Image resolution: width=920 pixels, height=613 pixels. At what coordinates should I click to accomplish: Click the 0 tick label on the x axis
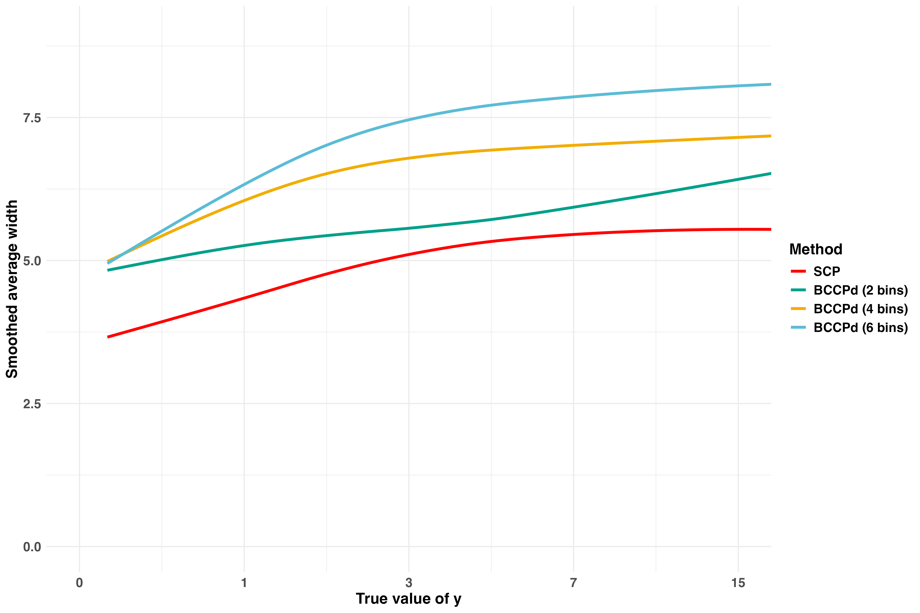pyautogui.click(x=79, y=583)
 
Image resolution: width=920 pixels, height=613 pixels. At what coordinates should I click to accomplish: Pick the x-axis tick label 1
pyautogui.click(x=244, y=583)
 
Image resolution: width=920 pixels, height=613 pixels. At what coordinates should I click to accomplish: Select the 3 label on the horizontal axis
pyautogui.click(x=409, y=583)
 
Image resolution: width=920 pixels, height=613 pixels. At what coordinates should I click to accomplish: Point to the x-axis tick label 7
pyautogui.click(x=573, y=583)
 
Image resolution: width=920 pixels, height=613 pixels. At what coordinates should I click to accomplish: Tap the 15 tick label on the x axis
pyautogui.click(x=738, y=583)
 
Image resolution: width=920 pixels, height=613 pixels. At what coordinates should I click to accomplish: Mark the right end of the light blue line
pyautogui.click(x=771, y=84)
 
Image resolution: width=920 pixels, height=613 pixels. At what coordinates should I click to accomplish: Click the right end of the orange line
pyautogui.click(x=771, y=136)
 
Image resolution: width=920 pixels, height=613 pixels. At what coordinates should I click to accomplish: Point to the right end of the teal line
pyautogui.click(x=771, y=173)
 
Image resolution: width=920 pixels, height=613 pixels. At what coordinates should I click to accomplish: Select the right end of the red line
pyautogui.click(x=771, y=229)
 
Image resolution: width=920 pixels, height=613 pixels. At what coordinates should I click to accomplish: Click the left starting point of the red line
pyautogui.click(x=108, y=337)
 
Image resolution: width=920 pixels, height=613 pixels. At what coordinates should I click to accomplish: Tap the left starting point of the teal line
pyautogui.click(x=108, y=270)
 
